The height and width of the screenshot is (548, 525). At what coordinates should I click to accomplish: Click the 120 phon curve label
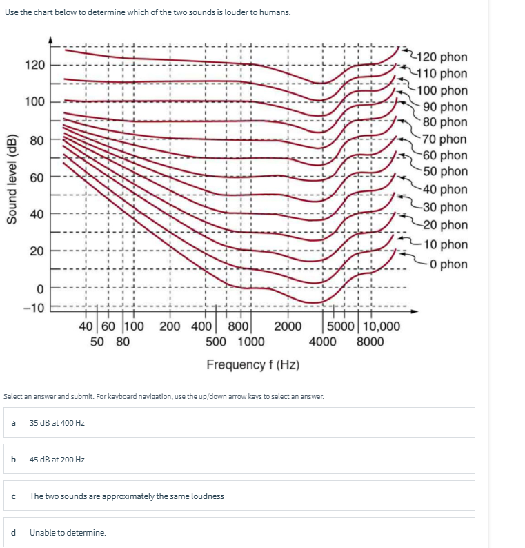pyautogui.click(x=442, y=57)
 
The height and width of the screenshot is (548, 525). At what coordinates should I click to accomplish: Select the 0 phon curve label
pyautogui.click(x=445, y=264)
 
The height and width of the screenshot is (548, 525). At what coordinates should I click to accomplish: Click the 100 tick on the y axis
pyautogui.click(x=34, y=102)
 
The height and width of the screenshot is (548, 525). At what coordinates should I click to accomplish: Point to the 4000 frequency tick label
pyautogui.click(x=323, y=341)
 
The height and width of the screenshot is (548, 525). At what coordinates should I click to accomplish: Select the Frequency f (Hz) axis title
pyautogui.click(x=252, y=364)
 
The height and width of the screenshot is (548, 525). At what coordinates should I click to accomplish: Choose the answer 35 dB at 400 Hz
pyautogui.click(x=57, y=422)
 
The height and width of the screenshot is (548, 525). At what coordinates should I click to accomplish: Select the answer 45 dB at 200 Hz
pyautogui.click(x=57, y=459)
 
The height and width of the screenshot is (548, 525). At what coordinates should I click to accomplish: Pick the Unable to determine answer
pyautogui.click(x=68, y=533)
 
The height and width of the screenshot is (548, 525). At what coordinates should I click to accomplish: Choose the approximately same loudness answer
pyautogui.click(x=126, y=496)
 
